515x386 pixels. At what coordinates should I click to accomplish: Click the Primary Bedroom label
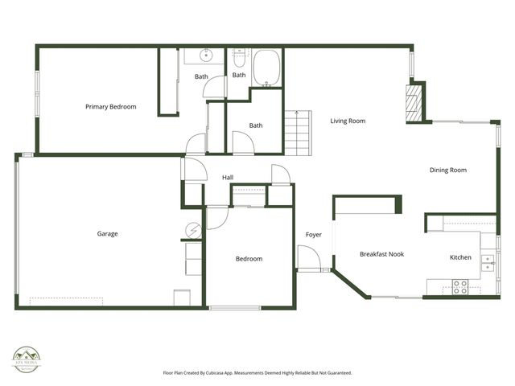click(111, 106)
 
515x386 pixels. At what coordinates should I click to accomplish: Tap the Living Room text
click(348, 121)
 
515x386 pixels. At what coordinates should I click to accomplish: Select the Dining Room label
click(447, 170)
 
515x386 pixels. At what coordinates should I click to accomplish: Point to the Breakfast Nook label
click(381, 254)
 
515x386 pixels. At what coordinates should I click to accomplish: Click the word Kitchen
click(460, 257)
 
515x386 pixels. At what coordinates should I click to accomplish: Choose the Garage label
click(108, 234)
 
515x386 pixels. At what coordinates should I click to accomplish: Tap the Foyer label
click(314, 235)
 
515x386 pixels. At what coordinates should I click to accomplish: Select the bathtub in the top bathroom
click(266, 68)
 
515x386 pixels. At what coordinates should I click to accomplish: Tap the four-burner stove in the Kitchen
click(461, 286)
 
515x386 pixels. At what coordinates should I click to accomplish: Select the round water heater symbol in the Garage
click(193, 231)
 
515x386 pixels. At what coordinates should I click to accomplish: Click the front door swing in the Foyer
click(308, 259)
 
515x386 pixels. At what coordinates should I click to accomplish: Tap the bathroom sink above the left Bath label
click(205, 55)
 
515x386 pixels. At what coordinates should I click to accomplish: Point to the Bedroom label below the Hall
click(249, 259)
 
